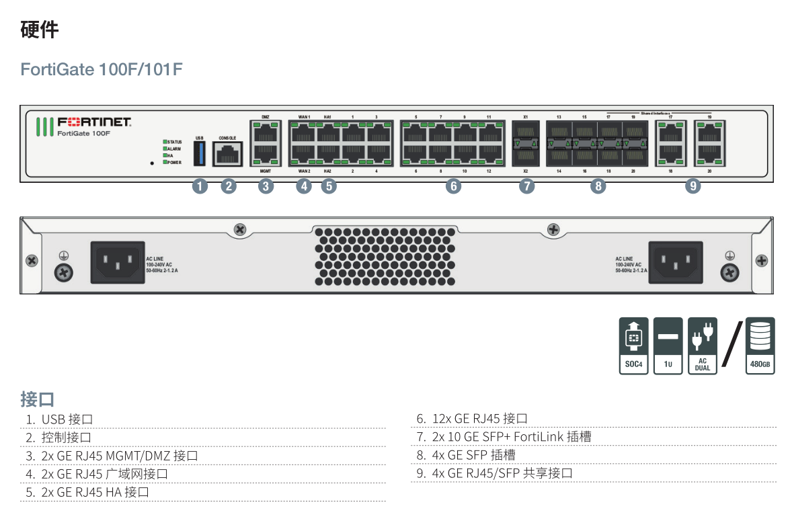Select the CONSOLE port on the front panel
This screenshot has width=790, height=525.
227,154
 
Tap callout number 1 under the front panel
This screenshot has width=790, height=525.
200,186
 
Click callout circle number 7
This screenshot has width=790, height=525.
526,186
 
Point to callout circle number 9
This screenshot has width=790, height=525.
693,186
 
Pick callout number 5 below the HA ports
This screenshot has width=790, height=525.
328,186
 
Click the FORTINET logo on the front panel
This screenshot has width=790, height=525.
94,122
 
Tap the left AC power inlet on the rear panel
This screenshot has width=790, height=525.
118,261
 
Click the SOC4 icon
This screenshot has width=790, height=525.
633,346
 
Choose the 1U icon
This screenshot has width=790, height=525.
668,346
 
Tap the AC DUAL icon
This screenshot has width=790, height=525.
702,346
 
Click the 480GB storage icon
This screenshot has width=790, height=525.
760,346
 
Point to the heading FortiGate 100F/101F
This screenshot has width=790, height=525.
102,69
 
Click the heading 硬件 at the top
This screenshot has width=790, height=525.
40,30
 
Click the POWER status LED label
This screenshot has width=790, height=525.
174,163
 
